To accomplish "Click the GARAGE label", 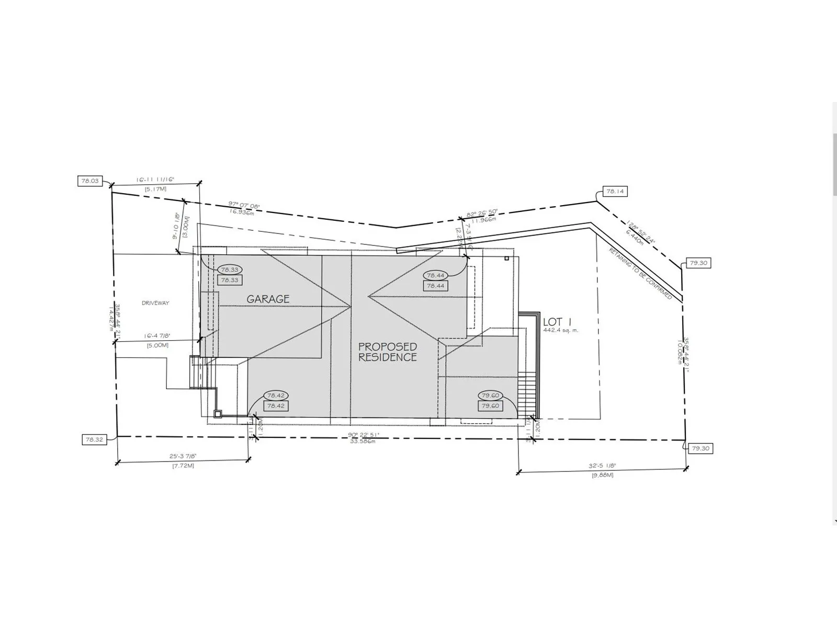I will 268,299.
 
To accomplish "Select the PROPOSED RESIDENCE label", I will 388,352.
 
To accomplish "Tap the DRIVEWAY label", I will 155,303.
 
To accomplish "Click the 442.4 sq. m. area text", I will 560,331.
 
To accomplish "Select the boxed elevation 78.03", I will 89,181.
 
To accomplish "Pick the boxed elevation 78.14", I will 615,192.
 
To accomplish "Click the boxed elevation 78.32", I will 94,440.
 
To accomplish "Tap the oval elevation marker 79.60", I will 490,396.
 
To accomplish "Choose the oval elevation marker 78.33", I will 230,270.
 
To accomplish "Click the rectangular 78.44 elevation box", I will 435,286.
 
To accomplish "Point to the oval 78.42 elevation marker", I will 276,396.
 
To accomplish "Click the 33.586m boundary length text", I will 362,441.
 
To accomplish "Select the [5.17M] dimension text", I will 155,188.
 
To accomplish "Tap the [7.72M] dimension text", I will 183,465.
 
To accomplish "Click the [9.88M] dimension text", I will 603,475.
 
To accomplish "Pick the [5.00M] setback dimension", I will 157,345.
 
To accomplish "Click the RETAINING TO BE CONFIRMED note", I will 640,273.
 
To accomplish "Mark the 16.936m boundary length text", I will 242,212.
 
